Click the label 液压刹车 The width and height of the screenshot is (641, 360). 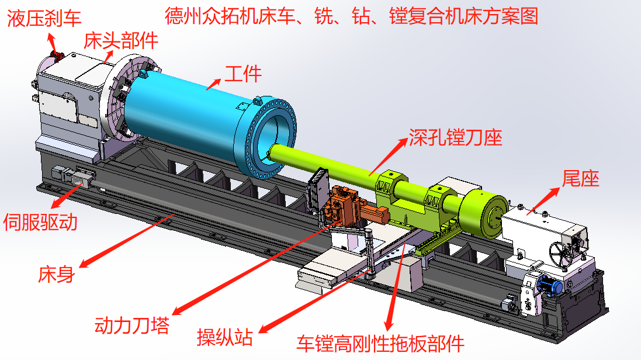tap(44, 19)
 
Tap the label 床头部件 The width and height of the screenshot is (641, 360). tap(121, 41)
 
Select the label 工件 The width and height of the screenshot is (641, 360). tap(243, 74)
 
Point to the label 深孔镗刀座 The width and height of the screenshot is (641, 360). tap(455, 138)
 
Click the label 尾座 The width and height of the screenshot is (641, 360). tap(580, 179)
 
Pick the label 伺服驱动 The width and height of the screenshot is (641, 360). tap(40, 223)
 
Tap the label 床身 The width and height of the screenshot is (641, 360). tap(57, 275)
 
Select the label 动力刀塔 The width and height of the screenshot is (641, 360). tap(132, 326)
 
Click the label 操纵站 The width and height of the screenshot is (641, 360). tap(225, 338)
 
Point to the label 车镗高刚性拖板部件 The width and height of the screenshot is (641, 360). tap(380, 344)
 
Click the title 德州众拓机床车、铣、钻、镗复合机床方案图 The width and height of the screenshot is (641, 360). tap(352, 16)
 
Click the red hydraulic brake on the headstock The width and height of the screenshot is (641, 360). tap(57, 56)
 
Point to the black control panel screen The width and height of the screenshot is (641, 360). tap(317, 191)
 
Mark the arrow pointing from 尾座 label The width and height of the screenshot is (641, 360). tap(542, 201)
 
